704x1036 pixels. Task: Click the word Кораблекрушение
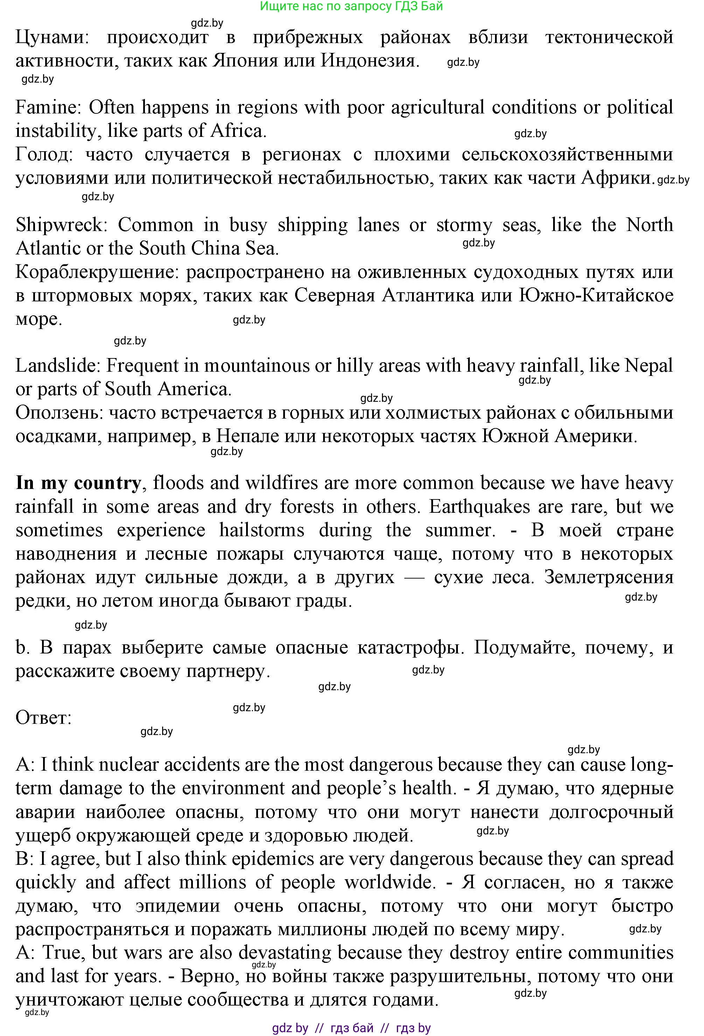pos(96,272)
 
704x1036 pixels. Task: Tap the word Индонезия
pos(370,61)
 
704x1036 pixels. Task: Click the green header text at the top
pos(351,6)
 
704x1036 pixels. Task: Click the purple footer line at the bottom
pos(351,1028)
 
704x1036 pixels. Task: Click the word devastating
pos(285,953)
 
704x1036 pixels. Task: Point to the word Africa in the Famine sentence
pos(237,131)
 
